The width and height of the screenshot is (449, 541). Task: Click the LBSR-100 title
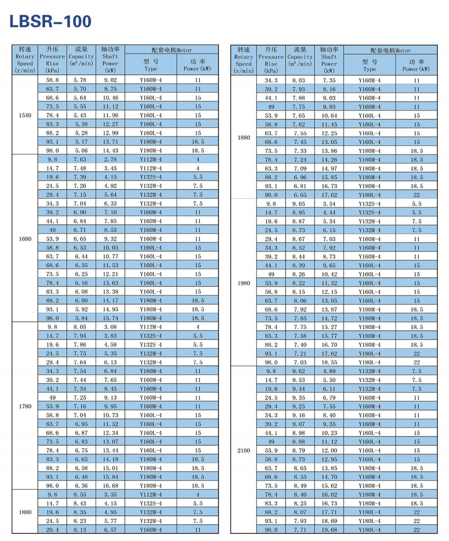click(x=50, y=21)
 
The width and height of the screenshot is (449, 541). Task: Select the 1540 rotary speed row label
click(x=25, y=115)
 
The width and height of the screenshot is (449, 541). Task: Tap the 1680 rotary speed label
click(x=25, y=239)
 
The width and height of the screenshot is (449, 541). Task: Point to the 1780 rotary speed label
click(x=25, y=406)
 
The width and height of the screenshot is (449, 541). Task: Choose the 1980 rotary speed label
click(x=244, y=283)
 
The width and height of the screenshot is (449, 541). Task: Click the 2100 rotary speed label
click(x=244, y=450)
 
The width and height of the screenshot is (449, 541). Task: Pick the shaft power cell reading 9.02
click(x=110, y=80)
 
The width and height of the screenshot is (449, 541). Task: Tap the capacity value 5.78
click(x=80, y=80)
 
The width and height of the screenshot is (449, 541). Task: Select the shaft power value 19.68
click(x=329, y=530)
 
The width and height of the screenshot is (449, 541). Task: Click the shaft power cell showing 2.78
click(x=110, y=159)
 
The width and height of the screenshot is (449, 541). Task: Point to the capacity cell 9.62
click(x=299, y=371)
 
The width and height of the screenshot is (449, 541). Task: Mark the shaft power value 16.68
click(x=110, y=486)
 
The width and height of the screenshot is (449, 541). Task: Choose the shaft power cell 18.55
click(x=329, y=362)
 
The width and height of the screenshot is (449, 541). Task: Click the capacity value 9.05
click(x=299, y=204)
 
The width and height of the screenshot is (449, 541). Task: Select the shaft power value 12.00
click(x=329, y=450)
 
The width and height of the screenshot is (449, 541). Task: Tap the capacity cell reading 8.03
click(x=299, y=80)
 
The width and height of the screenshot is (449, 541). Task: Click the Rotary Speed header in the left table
click(x=25, y=60)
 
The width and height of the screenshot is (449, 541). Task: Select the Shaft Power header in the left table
click(x=110, y=60)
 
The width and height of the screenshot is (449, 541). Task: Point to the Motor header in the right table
click(x=390, y=51)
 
